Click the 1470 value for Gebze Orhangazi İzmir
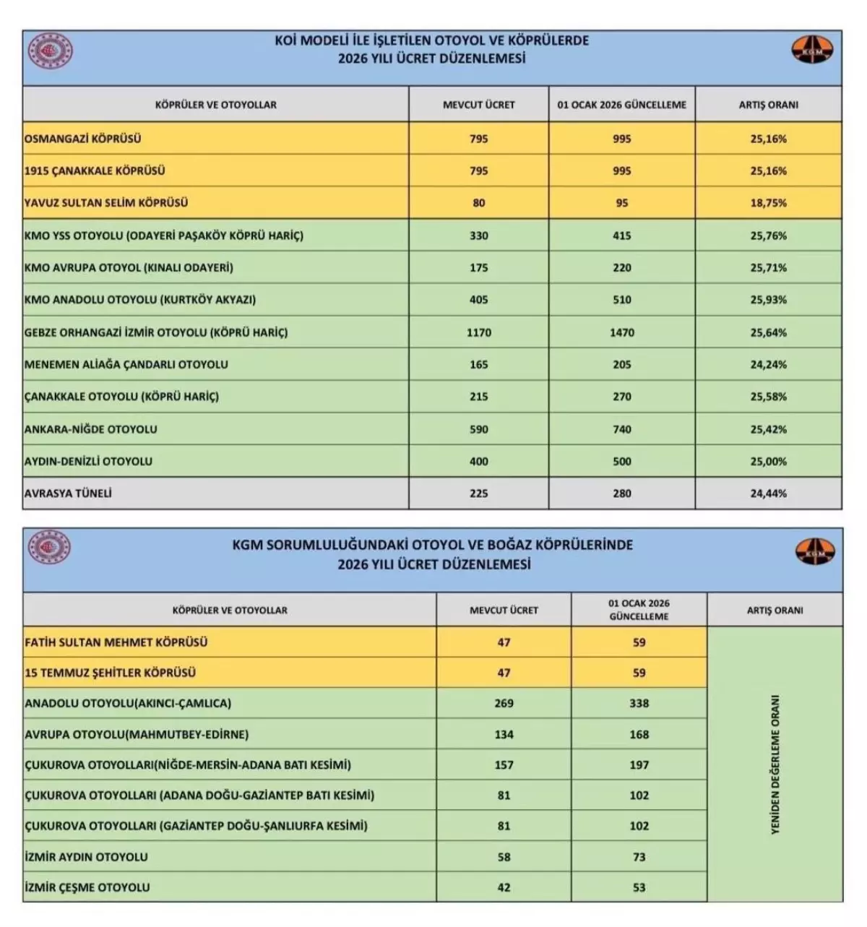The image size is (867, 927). coord(621,332)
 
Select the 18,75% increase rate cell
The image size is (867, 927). coord(768,203)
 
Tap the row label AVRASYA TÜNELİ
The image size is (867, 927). coord(68,493)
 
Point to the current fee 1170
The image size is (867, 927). coord(478,332)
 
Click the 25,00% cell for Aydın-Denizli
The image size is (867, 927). coord(768,461)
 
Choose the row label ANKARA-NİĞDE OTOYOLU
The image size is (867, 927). coord(90,429)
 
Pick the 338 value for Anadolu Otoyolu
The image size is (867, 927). coord(639,703)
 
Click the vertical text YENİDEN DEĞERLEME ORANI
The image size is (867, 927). coord(775,764)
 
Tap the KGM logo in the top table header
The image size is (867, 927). coord(813,51)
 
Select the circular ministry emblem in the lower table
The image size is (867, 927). coord(50,547)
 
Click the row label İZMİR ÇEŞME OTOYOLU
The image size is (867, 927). coord(87,887)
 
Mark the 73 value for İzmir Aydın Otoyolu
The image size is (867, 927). coord(639,857)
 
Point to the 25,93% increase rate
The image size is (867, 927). coord(768,300)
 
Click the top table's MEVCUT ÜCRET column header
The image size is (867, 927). coord(478,105)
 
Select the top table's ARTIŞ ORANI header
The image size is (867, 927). coord(768,105)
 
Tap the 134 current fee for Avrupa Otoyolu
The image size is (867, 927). coord(504,734)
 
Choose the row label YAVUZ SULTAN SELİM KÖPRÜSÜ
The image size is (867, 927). coord(105,203)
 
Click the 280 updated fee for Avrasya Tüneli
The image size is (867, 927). coord(621,493)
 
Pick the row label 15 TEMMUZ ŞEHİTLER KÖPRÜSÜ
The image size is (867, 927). coord(110,673)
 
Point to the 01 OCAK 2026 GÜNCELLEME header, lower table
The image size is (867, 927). coord(639,610)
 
